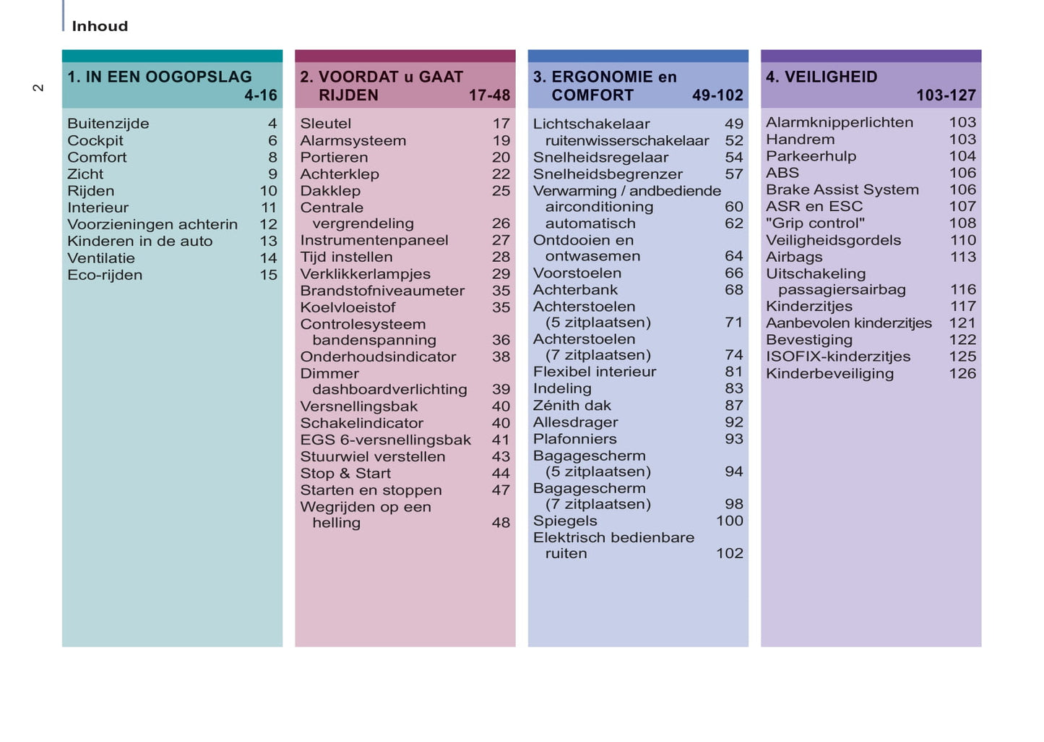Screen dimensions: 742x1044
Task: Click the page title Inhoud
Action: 100,27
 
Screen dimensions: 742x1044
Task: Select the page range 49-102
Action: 717,95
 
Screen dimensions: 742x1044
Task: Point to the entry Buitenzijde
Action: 108,124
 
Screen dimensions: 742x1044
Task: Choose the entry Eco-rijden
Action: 105,275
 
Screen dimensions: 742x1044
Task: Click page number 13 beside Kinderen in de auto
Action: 268,242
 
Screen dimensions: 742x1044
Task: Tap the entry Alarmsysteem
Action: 353,141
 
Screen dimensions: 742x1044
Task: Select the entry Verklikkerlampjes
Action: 366,274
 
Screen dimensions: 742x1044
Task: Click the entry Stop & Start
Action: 345,474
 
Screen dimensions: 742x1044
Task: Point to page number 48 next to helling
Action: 501,523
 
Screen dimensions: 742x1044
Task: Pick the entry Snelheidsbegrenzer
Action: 608,174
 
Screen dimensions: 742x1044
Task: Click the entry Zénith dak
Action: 572,406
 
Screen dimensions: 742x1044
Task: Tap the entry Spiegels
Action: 565,521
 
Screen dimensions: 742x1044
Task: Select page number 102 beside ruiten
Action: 729,553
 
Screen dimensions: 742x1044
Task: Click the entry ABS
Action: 782,173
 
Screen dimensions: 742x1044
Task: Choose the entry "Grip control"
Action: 815,223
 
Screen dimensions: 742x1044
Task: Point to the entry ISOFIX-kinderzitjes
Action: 838,357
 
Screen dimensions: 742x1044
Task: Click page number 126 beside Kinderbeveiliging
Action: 962,374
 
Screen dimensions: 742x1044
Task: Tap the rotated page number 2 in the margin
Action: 38,88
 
